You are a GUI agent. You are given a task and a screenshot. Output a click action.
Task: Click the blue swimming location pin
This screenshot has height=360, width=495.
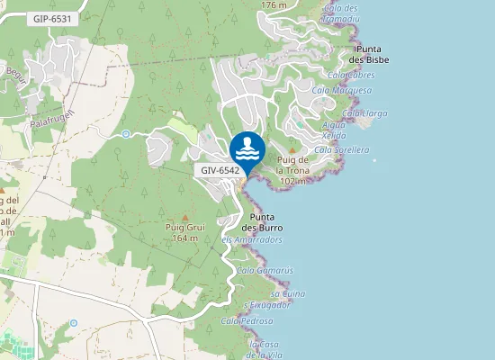click(x=247, y=148)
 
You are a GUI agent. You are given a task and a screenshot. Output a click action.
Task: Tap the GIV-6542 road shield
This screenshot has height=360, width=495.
click(x=220, y=169)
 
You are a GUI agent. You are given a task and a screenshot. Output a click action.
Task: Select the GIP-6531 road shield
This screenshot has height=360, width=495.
click(x=49, y=18)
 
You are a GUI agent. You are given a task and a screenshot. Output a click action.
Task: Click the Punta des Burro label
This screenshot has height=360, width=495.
click(x=263, y=222)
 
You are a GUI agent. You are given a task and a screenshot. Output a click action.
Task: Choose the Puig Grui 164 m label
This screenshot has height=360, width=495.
click(x=185, y=232)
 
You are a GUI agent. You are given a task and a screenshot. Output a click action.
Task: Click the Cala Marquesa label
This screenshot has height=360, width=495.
click(x=342, y=90)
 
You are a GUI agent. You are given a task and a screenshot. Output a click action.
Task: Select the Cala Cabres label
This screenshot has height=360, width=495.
click(x=352, y=76)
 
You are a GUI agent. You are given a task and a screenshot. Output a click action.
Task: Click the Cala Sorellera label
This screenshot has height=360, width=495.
click(x=343, y=149)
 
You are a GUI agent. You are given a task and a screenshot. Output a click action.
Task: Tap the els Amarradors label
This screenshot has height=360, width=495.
click(x=252, y=240)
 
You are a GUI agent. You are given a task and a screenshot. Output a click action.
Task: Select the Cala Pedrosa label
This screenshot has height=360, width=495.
click(x=247, y=320)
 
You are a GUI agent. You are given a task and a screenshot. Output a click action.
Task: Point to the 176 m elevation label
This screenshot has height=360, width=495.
click(x=274, y=5)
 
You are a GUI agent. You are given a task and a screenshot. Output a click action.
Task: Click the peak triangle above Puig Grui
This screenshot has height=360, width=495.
click(x=185, y=217)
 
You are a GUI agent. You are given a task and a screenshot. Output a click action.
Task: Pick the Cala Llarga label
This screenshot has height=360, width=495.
click(x=364, y=112)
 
